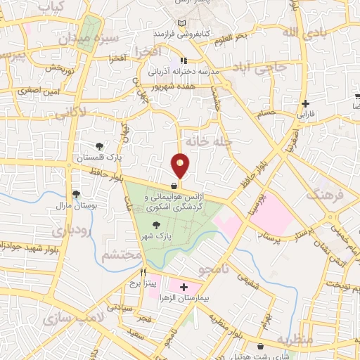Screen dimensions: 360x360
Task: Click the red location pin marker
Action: [x=181, y=166]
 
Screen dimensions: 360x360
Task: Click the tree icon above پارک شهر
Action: [x=155, y=225]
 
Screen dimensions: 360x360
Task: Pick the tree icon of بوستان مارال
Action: [x=76, y=195]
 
